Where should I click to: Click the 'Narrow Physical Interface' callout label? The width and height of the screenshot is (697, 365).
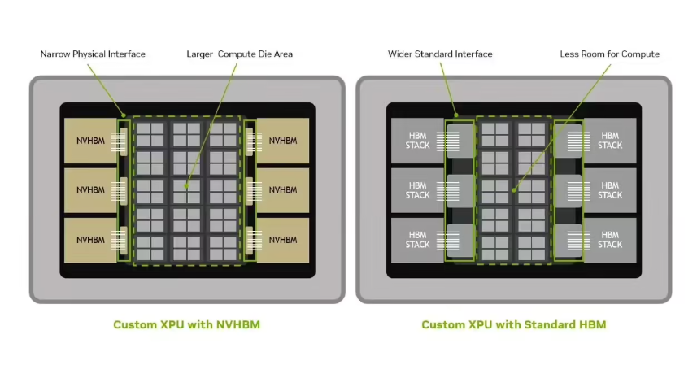click(93, 54)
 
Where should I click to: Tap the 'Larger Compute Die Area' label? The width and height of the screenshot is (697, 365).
click(240, 54)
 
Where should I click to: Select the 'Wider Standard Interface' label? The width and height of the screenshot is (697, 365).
click(440, 54)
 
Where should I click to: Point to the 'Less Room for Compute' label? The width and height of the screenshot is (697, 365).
click(609, 54)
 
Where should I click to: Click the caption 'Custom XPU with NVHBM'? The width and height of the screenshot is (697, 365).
click(187, 324)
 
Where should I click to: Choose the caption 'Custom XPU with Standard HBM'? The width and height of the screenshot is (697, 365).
click(514, 324)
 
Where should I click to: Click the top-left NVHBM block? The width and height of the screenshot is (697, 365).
click(90, 141)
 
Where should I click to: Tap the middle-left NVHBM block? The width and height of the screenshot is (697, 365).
click(90, 190)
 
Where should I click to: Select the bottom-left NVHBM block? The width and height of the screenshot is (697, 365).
click(90, 240)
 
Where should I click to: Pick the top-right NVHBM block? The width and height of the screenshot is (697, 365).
click(283, 141)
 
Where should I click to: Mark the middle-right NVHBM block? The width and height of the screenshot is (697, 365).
click(283, 190)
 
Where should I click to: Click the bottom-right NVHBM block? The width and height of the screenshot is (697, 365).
click(283, 240)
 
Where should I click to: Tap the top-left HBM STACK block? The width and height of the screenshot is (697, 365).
click(417, 141)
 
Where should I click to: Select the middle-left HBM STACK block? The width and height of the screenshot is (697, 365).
click(417, 190)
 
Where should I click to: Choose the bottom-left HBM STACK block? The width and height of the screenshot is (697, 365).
click(417, 240)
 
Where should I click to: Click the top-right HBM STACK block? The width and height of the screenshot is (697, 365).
click(610, 141)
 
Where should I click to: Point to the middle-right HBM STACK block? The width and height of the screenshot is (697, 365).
click(610, 190)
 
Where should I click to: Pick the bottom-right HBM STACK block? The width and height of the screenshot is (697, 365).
click(610, 240)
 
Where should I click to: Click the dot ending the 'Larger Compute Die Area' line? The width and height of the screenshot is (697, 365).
click(186, 186)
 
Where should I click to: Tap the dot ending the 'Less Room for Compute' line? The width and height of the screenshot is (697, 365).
click(513, 190)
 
